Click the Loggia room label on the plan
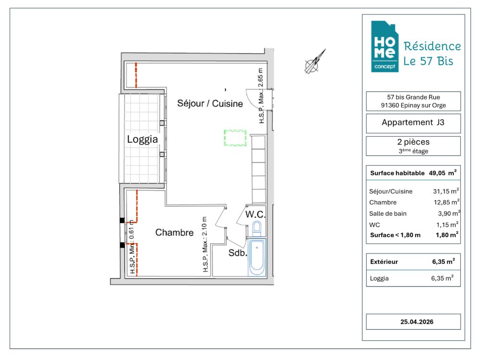tap(143, 139)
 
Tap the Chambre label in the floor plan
tap(175, 232)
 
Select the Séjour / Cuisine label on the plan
tap(210, 104)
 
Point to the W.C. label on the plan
tap(255, 214)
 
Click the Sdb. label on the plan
tap(238, 252)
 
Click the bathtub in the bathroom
tap(256, 258)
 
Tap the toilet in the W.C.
tap(256, 228)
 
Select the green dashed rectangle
tap(235, 138)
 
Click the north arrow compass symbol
tap(314, 62)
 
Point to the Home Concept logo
tap(385, 47)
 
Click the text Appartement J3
tap(413, 122)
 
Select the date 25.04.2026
tap(417, 322)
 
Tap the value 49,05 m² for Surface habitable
tap(443, 173)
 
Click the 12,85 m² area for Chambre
tap(446, 202)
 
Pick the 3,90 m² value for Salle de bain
tap(449, 214)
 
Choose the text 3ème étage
tap(413, 151)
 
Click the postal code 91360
tap(390, 105)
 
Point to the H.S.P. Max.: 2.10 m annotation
tap(205, 244)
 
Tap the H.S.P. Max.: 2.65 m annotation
tap(261, 96)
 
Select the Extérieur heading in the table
tap(384, 262)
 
